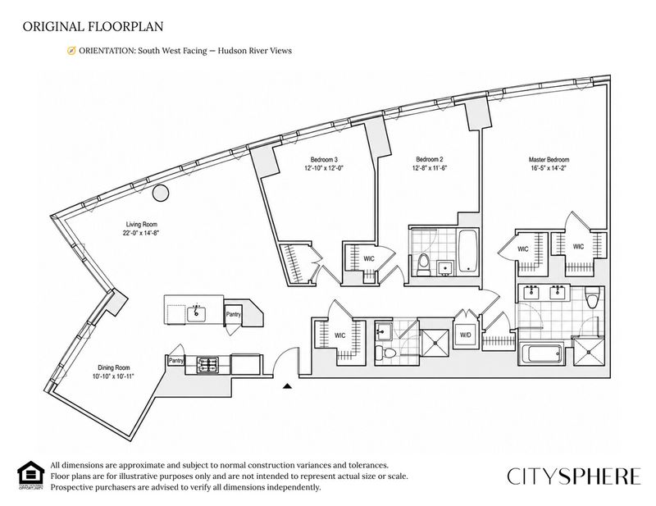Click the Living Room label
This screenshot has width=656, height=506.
pyautogui.click(x=141, y=225)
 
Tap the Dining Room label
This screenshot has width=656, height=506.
pyautogui.click(x=114, y=368)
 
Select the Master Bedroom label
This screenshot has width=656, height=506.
pyautogui.click(x=549, y=160)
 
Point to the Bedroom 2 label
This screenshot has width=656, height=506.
pyautogui.click(x=429, y=159)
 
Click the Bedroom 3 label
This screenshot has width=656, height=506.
pyautogui.click(x=324, y=159)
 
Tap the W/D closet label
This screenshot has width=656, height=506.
pyautogui.click(x=465, y=335)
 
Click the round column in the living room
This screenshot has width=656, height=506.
pyautogui.click(x=160, y=193)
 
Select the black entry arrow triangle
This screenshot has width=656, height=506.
pyautogui.click(x=287, y=386)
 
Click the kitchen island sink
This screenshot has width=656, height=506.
pyautogui.click(x=196, y=312)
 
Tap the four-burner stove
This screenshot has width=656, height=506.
pyautogui.click(x=207, y=365)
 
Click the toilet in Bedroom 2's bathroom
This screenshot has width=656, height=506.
pyautogui.click(x=423, y=265)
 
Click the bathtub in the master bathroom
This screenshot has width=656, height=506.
pyautogui.click(x=541, y=354)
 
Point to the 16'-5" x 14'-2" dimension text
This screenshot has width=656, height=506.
pyautogui.click(x=549, y=168)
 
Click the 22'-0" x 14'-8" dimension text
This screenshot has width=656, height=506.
pyautogui.click(x=141, y=233)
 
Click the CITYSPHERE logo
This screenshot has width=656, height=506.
pyautogui.click(x=574, y=476)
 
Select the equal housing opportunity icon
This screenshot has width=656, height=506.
pyautogui.click(x=30, y=475)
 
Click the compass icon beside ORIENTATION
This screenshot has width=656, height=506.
pyautogui.click(x=71, y=51)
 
